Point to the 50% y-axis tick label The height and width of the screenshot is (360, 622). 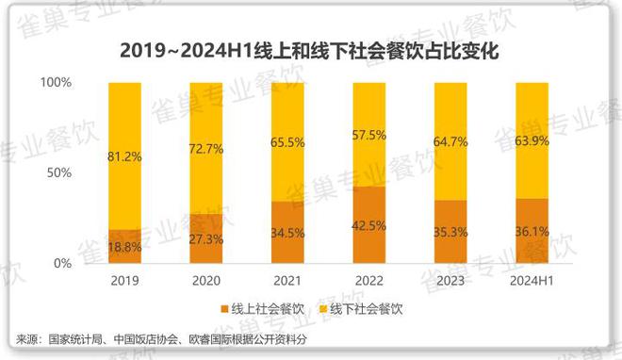[59, 173]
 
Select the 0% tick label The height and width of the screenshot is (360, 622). [62, 264]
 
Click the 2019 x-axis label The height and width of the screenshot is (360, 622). [124, 281]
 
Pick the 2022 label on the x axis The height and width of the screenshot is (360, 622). [368, 281]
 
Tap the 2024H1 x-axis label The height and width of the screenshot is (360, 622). [532, 281]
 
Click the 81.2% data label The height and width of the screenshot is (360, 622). [124, 155]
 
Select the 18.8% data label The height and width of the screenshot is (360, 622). [124, 247]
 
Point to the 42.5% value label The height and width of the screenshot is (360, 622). [368, 225]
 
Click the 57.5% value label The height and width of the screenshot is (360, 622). [368, 135]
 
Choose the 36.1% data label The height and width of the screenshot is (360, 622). [532, 231]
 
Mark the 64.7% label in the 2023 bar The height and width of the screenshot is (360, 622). [450, 141]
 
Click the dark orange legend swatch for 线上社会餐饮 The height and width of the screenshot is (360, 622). [224, 308]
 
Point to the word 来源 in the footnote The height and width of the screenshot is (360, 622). [27, 338]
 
